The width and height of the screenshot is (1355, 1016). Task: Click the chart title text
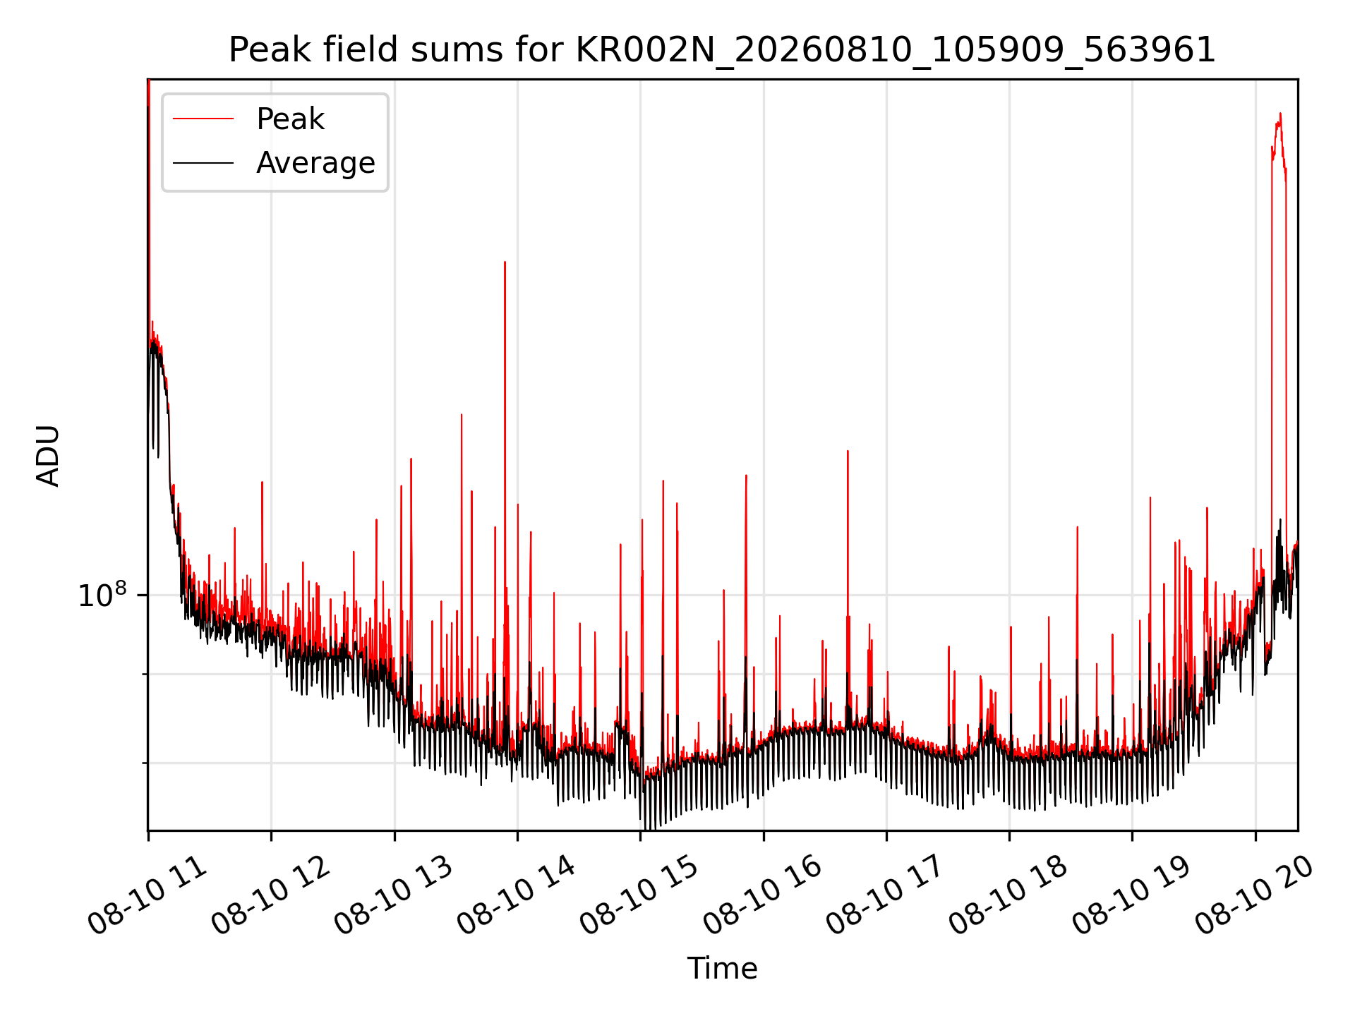(722, 50)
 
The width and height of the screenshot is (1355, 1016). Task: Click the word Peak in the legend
(290, 119)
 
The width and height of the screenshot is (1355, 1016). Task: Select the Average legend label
(315, 163)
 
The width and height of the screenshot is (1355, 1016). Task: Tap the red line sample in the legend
(203, 119)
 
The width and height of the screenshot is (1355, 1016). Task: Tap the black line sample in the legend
(203, 163)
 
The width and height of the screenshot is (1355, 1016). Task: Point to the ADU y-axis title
(48, 455)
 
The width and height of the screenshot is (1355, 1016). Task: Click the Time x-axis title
(722, 969)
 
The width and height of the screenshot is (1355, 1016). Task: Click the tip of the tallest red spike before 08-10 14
(505, 262)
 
